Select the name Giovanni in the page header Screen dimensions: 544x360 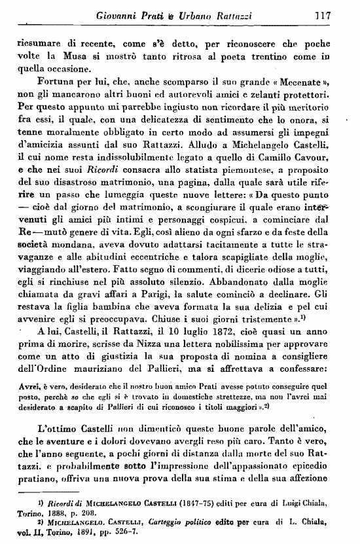[x=117, y=14]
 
